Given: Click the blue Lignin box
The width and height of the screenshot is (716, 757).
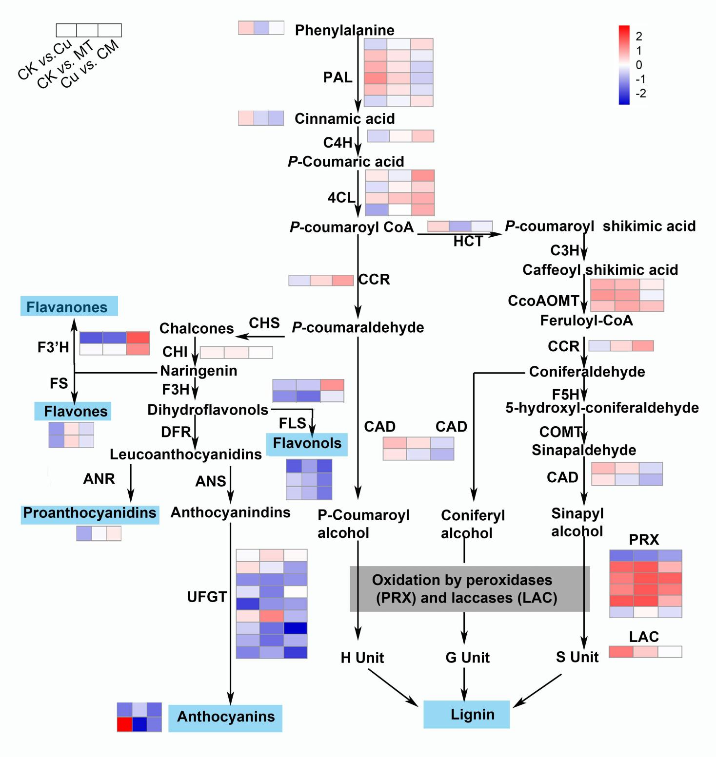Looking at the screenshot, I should pyautogui.click(x=466, y=714).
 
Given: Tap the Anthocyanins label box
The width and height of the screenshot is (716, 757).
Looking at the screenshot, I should pyautogui.click(x=225, y=717).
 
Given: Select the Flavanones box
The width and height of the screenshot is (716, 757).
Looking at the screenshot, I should pyautogui.click(x=69, y=307).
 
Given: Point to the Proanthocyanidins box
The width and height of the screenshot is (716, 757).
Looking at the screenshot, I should pyautogui.click(x=90, y=513).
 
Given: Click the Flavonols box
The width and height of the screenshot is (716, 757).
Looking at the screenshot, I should pyautogui.click(x=307, y=443).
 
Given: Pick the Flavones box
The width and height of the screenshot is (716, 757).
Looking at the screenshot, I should pyautogui.click(x=73, y=411).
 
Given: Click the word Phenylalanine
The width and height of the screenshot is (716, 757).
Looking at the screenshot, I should pyautogui.click(x=344, y=30).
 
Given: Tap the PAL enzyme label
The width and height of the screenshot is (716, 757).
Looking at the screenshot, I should pyautogui.click(x=338, y=77).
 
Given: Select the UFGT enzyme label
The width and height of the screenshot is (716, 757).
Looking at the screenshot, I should pyautogui.click(x=207, y=597).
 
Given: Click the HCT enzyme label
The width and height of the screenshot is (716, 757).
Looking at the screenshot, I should pyautogui.click(x=468, y=241).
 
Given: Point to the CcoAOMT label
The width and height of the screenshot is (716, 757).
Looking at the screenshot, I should pyautogui.click(x=543, y=301).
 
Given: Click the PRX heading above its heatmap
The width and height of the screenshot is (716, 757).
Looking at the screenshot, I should pyautogui.click(x=644, y=540).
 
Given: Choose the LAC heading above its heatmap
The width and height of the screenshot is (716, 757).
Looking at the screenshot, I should pyautogui.click(x=644, y=637).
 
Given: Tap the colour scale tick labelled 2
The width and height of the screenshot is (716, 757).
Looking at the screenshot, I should pyautogui.click(x=639, y=36).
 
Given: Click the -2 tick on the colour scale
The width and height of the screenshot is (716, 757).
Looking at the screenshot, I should pyautogui.click(x=641, y=94).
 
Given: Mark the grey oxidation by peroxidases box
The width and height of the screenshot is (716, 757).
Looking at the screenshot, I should pyautogui.click(x=470, y=588).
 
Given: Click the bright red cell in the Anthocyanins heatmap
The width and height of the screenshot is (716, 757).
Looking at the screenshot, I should pyautogui.click(x=124, y=724).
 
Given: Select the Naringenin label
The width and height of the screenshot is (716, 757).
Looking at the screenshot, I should pyautogui.click(x=199, y=371).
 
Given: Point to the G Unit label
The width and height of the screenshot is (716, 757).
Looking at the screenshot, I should pyautogui.click(x=467, y=658).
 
